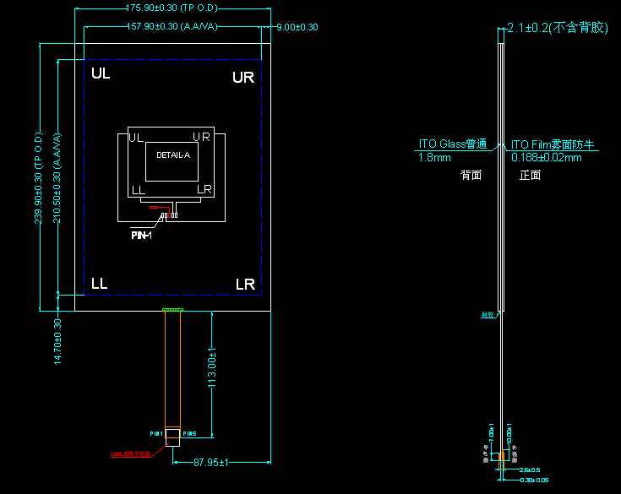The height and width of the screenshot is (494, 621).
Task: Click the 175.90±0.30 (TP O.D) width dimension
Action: pyautogui.click(x=172, y=8)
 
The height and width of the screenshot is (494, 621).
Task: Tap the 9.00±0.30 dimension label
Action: pyautogui.click(x=297, y=27)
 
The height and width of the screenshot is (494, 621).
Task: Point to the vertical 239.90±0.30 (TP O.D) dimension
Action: pyautogui.click(x=38, y=177)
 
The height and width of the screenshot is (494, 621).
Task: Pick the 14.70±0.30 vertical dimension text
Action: pyautogui.click(x=57, y=340)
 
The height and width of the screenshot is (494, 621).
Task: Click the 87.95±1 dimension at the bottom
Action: pyautogui.click(x=213, y=462)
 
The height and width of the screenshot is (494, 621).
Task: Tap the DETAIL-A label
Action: pyautogui.click(x=173, y=155)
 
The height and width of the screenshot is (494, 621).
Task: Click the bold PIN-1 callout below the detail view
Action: pyautogui.click(x=140, y=235)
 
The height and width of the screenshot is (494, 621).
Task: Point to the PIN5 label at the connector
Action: pyautogui.click(x=189, y=434)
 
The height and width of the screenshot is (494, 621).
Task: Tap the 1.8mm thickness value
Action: pyautogui.click(x=434, y=157)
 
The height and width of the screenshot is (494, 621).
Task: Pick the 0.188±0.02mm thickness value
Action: pyautogui.click(x=547, y=157)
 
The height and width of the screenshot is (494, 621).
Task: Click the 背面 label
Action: pyautogui.click(x=471, y=176)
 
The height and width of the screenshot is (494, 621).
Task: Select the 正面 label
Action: pyautogui.click(x=530, y=176)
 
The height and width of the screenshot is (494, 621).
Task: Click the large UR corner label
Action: pyautogui.click(x=243, y=78)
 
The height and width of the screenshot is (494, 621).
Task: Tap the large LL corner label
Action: pyautogui.click(x=100, y=284)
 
